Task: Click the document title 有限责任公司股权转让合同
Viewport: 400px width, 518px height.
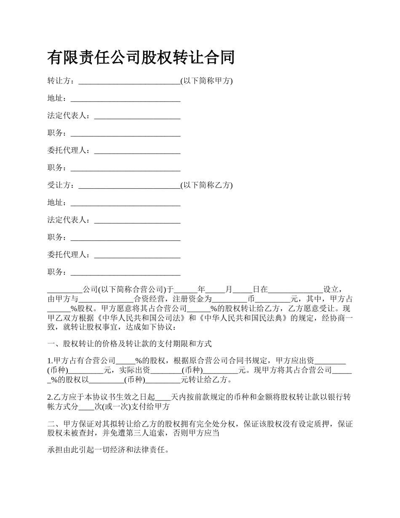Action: coord(141,58)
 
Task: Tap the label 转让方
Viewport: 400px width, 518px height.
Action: coord(59,81)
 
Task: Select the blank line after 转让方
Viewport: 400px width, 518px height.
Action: coord(129,81)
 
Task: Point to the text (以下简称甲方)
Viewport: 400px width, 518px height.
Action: coord(206,81)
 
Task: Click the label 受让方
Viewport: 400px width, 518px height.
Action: coord(59,185)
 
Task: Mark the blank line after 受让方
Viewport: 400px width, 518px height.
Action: coord(129,186)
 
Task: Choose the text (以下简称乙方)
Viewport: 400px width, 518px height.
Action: coord(206,185)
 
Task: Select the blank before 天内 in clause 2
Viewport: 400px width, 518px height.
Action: coord(163,397)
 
